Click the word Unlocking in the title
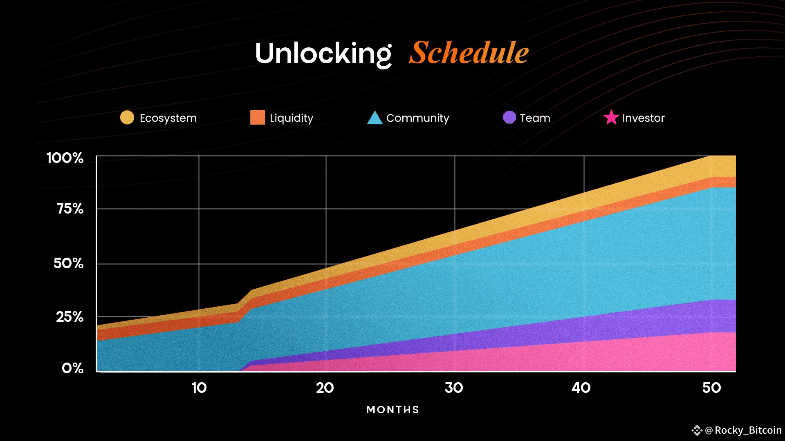323,53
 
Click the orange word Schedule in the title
469,53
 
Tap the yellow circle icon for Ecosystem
127,117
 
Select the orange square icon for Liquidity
258,117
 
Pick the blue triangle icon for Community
375,118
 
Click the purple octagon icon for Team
509,117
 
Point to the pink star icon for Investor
611,118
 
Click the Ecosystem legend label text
168,118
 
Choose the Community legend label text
417,118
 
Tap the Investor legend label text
643,118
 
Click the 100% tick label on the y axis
65,158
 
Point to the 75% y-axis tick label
70,209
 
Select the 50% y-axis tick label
68,263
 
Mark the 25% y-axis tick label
70,317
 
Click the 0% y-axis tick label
72,368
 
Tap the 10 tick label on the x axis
199,388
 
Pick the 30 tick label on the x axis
454,388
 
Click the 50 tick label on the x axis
711,388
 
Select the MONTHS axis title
393,410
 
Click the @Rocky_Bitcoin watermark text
743,430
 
